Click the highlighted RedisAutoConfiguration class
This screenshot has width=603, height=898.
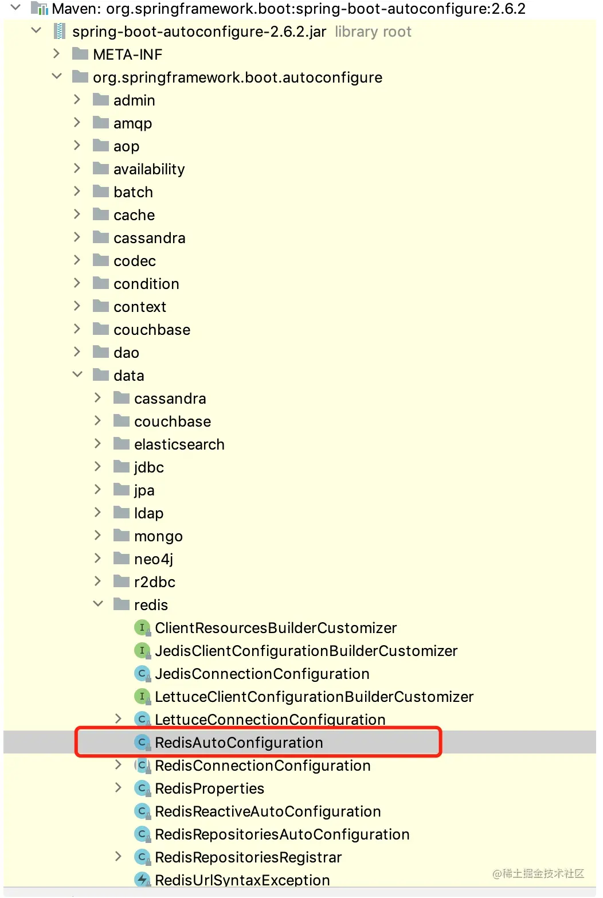(238, 743)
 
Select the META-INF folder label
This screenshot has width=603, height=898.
(127, 54)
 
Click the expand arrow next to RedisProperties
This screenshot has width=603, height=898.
(118, 788)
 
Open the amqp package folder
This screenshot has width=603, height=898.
(132, 123)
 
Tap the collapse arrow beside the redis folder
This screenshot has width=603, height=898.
(98, 604)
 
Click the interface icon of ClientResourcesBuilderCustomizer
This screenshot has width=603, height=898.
(142, 628)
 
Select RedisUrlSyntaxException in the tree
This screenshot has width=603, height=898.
(242, 880)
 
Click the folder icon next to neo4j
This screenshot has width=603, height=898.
(121, 559)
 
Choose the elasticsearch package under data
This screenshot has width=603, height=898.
(179, 444)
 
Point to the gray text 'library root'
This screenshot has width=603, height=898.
(373, 32)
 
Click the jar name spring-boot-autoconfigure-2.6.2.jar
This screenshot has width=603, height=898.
(199, 32)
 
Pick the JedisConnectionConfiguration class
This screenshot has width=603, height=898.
(261, 674)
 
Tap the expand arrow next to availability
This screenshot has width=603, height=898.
(77, 169)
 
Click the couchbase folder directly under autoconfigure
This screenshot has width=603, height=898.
(151, 330)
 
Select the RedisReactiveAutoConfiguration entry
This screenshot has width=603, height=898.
(267, 811)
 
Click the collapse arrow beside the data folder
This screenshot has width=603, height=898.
(77, 375)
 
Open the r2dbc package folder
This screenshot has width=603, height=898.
(154, 582)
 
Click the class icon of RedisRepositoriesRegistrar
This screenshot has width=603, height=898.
(142, 857)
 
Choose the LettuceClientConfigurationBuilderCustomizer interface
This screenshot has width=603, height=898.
(314, 697)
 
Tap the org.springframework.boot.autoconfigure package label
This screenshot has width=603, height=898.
(237, 77)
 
